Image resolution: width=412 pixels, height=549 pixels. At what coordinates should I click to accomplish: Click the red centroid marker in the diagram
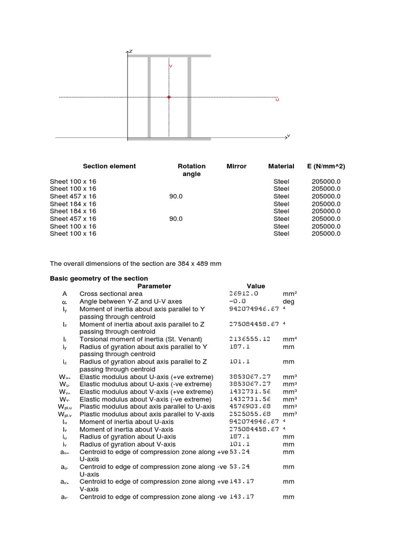169,97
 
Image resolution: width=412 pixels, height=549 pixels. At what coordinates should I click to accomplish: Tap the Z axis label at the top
130,51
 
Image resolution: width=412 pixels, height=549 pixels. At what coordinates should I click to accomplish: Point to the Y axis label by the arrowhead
289,136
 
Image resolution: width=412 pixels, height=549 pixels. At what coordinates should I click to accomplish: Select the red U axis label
277,100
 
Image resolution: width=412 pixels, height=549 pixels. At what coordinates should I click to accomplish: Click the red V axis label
171,65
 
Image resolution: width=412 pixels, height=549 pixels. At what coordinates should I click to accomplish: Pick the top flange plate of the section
169,55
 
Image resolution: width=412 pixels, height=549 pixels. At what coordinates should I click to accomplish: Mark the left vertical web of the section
149,97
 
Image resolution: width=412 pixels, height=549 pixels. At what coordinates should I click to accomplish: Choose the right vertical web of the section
189,97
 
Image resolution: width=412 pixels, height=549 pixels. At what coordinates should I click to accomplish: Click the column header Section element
109,166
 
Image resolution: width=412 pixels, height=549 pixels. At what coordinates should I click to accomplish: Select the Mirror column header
237,166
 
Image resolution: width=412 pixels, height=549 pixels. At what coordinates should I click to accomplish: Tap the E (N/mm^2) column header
326,166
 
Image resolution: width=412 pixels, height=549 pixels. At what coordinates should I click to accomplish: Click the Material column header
281,166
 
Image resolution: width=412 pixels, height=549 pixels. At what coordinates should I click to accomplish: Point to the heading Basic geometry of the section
99,278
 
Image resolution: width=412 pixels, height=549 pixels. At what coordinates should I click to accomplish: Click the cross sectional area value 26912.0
244,294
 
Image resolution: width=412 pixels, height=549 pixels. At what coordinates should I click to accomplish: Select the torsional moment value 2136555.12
249,339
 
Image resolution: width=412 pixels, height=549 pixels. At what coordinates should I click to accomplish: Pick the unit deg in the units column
289,301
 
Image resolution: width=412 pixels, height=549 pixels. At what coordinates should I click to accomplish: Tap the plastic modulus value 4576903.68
249,406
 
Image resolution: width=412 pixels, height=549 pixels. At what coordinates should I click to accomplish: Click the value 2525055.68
249,414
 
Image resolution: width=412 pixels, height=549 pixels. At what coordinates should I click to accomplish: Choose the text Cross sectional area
111,294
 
